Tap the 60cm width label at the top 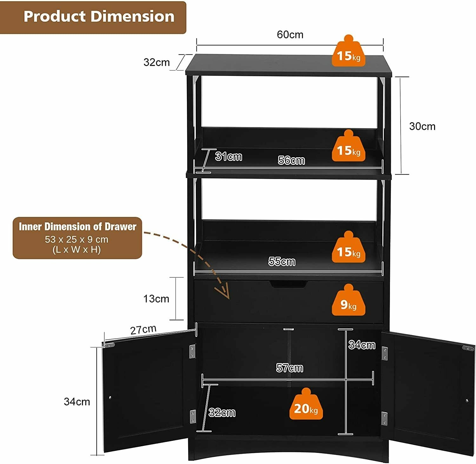click(290, 35)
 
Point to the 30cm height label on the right click(422, 126)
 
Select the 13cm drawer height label click(156, 299)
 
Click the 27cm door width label click(143, 330)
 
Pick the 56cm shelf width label click(291, 160)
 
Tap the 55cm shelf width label click(282, 261)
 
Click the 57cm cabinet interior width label click(289, 368)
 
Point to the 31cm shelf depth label click(228, 157)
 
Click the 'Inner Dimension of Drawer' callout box click(77, 238)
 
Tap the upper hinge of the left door click(192, 351)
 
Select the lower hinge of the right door click(384, 418)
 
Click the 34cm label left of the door click(77, 402)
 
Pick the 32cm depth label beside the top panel click(156, 62)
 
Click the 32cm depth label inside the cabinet click(222, 413)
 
